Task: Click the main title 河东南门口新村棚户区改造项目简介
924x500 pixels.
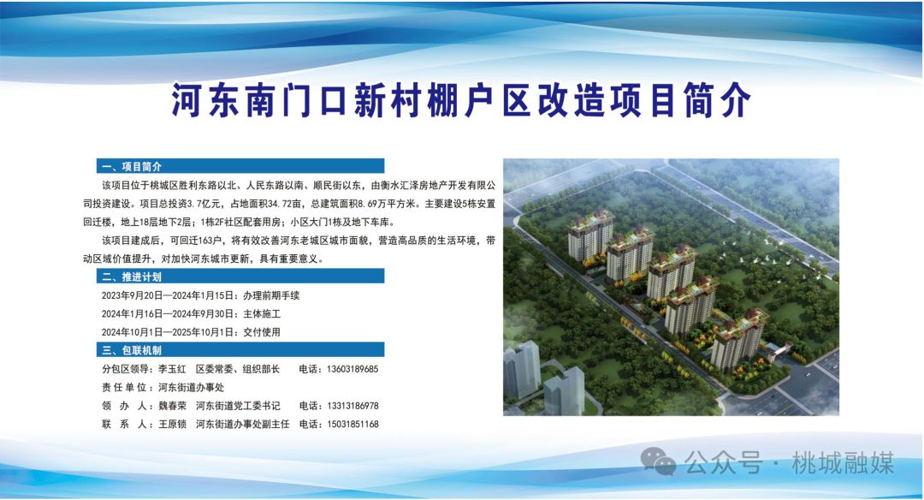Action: [x=461, y=100]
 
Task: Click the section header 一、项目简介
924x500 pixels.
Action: [x=132, y=166]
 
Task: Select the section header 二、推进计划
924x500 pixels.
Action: [x=132, y=277]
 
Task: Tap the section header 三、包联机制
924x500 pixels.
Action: [x=132, y=350]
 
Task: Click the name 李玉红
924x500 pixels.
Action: [x=172, y=369]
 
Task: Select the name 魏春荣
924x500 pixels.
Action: [x=172, y=406]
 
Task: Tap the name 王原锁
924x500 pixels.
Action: [x=172, y=424]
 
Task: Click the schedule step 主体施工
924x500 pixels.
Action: [x=262, y=313]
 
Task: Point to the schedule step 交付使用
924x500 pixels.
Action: [x=262, y=332]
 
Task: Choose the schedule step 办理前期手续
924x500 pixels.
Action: [x=271, y=295]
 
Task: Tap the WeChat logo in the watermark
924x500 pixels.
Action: [x=658, y=461]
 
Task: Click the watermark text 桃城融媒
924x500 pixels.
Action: [x=843, y=463]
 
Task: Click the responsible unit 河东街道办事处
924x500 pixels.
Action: [x=191, y=387]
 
